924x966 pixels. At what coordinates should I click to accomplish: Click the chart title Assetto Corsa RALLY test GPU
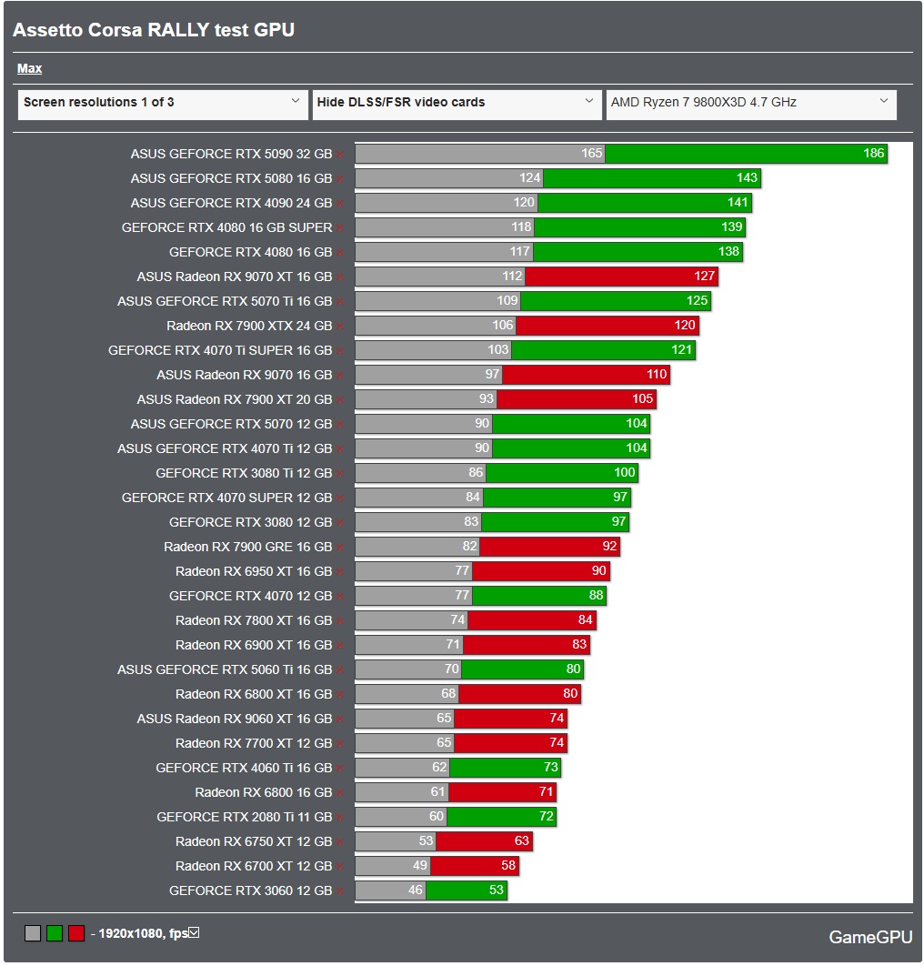[x=153, y=30]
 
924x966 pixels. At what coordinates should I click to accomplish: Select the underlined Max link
[x=29, y=69]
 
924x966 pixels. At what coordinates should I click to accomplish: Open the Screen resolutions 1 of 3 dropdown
[x=163, y=103]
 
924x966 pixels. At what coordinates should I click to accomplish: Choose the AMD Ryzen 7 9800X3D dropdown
[x=751, y=103]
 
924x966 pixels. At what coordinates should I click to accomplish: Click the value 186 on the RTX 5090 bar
[x=873, y=154]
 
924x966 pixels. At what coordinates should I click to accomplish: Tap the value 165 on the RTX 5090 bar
[x=592, y=154]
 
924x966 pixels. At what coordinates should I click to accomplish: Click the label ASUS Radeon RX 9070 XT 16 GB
[x=235, y=277]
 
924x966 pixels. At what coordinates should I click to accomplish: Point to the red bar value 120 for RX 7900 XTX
[x=685, y=326]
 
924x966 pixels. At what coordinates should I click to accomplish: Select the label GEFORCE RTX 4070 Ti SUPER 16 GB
[x=220, y=350]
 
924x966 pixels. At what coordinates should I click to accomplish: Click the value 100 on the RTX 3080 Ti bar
[x=625, y=473]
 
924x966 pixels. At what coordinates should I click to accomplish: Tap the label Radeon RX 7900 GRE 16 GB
[x=247, y=547]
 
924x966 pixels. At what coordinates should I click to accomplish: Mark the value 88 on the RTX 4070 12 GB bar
[x=596, y=596]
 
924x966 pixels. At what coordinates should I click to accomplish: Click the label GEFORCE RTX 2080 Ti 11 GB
[x=244, y=817]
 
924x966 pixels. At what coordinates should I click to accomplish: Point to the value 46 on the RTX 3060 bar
[x=416, y=891]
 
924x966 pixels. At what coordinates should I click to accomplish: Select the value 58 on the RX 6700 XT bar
[x=507, y=866]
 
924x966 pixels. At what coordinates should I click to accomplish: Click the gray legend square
[x=33, y=933]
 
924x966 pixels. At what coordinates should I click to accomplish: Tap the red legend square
[x=76, y=933]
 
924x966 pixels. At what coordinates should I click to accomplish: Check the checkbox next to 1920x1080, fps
[x=193, y=932]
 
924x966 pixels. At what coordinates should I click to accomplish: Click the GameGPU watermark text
[x=869, y=938]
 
